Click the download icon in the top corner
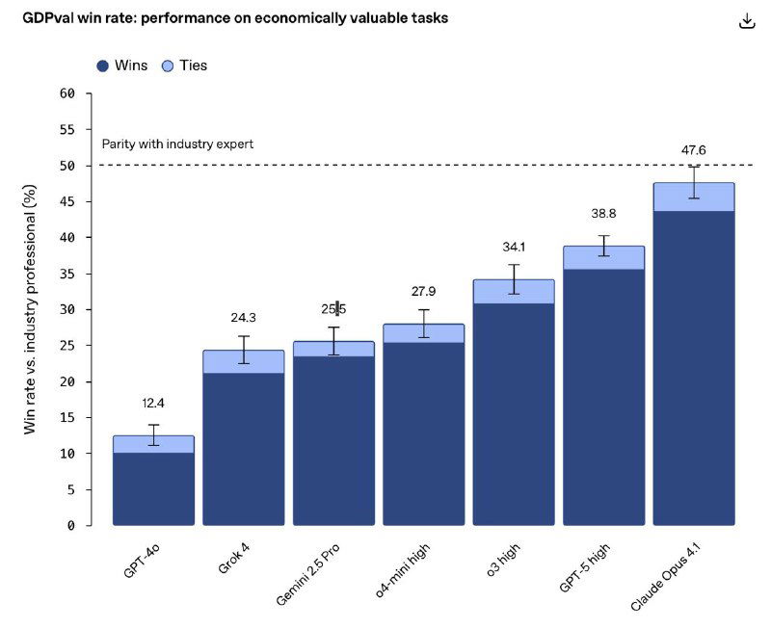[x=747, y=21]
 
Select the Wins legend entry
[x=122, y=66]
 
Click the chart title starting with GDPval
[x=235, y=18]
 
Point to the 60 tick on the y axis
[x=66, y=93]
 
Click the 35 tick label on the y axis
[x=66, y=274]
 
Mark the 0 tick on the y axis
[x=70, y=525]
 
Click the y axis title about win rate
[x=30, y=310]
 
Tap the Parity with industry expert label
[x=177, y=144]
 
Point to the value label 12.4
[x=153, y=403]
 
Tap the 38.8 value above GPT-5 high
[x=603, y=213]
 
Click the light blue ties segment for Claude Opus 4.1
[x=693, y=197]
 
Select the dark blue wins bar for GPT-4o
[x=153, y=488]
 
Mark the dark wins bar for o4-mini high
[x=423, y=433]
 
